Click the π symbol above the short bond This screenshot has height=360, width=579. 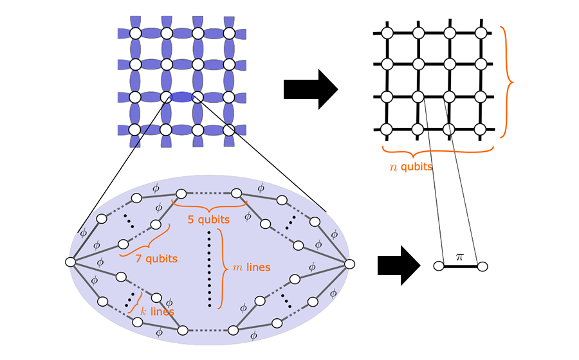pyautogui.click(x=459, y=256)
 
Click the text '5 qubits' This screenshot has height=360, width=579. pyautogui.click(x=208, y=220)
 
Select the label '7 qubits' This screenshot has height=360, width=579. pyautogui.click(x=157, y=258)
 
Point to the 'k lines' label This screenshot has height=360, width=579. pyautogui.click(x=156, y=311)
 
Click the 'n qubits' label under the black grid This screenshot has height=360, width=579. pyautogui.click(x=410, y=166)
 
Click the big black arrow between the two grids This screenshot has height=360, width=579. pyautogui.click(x=310, y=89)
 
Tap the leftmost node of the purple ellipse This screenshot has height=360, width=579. pyautogui.click(x=71, y=262)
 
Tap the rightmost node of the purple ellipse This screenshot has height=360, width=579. pyautogui.click(x=350, y=264)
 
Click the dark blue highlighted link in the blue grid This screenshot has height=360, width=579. pyautogui.click(x=181, y=97)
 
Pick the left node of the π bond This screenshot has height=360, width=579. pyautogui.click(x=439, y=265)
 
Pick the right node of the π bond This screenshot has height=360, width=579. pyautogui.click(x=482, y=265)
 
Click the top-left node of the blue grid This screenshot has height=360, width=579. pyautogui.click(x=135, y=33)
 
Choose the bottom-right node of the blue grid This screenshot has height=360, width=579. pyautogui.click(x=229, y=129)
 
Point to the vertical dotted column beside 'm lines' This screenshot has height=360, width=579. pyautogui.click(x=210, y=267)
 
